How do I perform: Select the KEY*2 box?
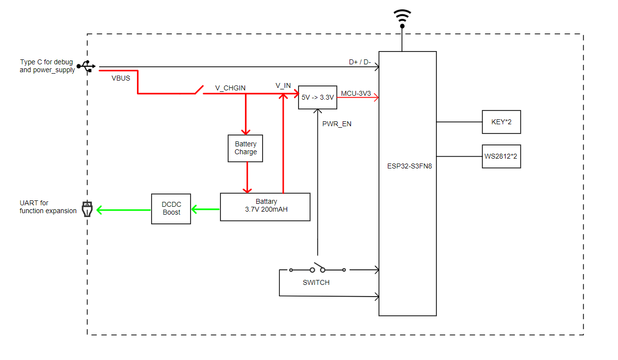click(x=501, y=122)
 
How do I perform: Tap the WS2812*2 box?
click(x=501, y=157)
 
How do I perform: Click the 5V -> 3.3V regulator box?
click(x=317, y=97)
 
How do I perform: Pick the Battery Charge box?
click(x=245, y=148)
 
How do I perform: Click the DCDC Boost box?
click(x=171, y=209)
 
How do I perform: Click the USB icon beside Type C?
click(x=87, y=66)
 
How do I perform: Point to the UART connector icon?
click(x=87, y=209)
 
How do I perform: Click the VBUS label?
click(x=121, y=78)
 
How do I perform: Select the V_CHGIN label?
click(x=230, y=88)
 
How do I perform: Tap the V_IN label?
click(x=283, y=85)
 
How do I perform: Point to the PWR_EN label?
click(x=337, y=124)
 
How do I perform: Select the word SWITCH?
click(x=316, y=282)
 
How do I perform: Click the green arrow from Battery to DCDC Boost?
click(x=205, y=210)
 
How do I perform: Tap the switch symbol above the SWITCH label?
click(x=317, y=269)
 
